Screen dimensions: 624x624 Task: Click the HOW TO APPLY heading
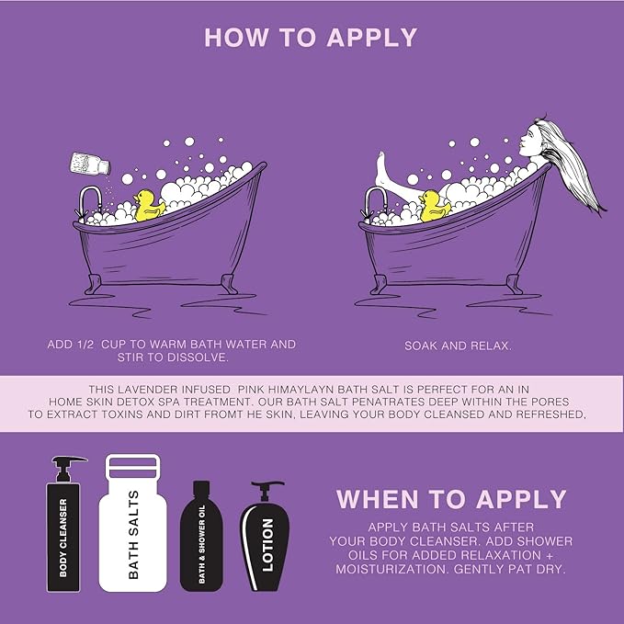tap(311, 38)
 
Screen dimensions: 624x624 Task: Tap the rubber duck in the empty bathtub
tap(149, 206)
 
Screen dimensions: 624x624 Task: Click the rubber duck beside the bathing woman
tap(435, 206)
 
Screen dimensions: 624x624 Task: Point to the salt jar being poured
tap(90, 164)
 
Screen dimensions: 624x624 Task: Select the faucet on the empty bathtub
tap(88, 202)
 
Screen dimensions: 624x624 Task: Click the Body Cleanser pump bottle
tap(64, 524)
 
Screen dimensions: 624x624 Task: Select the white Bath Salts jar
tap(133, 523)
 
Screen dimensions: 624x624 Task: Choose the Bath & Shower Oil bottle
tap(201, 536)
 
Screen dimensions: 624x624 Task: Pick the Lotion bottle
tap(265, 536)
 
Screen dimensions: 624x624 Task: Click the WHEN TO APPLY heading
tap(451, 499)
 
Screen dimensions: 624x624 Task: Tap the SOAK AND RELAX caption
tap(458, 346)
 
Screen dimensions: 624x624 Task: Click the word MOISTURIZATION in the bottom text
tap(391, 569)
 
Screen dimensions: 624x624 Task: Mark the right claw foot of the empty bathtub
tap(229, 283)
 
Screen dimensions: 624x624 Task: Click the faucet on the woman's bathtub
tap(374, 202)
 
